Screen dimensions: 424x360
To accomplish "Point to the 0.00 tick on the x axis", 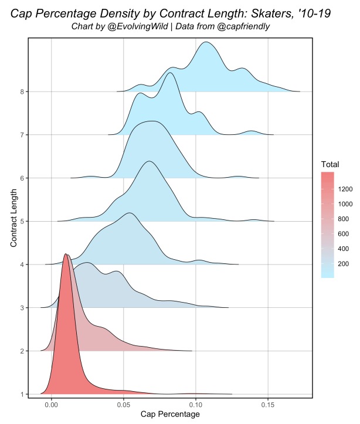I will coord(52,405).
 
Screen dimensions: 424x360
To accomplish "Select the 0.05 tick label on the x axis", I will coord(124,405).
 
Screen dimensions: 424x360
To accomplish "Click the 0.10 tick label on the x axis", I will coord(196,405).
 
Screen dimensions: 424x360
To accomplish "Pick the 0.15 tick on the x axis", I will coord(268,405).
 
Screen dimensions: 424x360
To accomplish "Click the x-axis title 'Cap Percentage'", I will coord(170,415).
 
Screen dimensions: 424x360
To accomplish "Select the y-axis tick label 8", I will coord(22,91).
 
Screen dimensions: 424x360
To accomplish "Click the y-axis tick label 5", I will coord(22,221).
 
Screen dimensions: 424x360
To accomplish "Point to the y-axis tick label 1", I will coord(22,394).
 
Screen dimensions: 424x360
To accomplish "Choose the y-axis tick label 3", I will coord(22,308).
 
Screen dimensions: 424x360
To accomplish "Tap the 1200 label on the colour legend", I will coord(344,189).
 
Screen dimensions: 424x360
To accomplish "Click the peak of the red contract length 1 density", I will coord(65,254).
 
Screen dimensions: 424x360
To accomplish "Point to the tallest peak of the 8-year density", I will coord(206,42).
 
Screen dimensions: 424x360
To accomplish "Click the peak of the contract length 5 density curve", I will coord(150,161).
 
